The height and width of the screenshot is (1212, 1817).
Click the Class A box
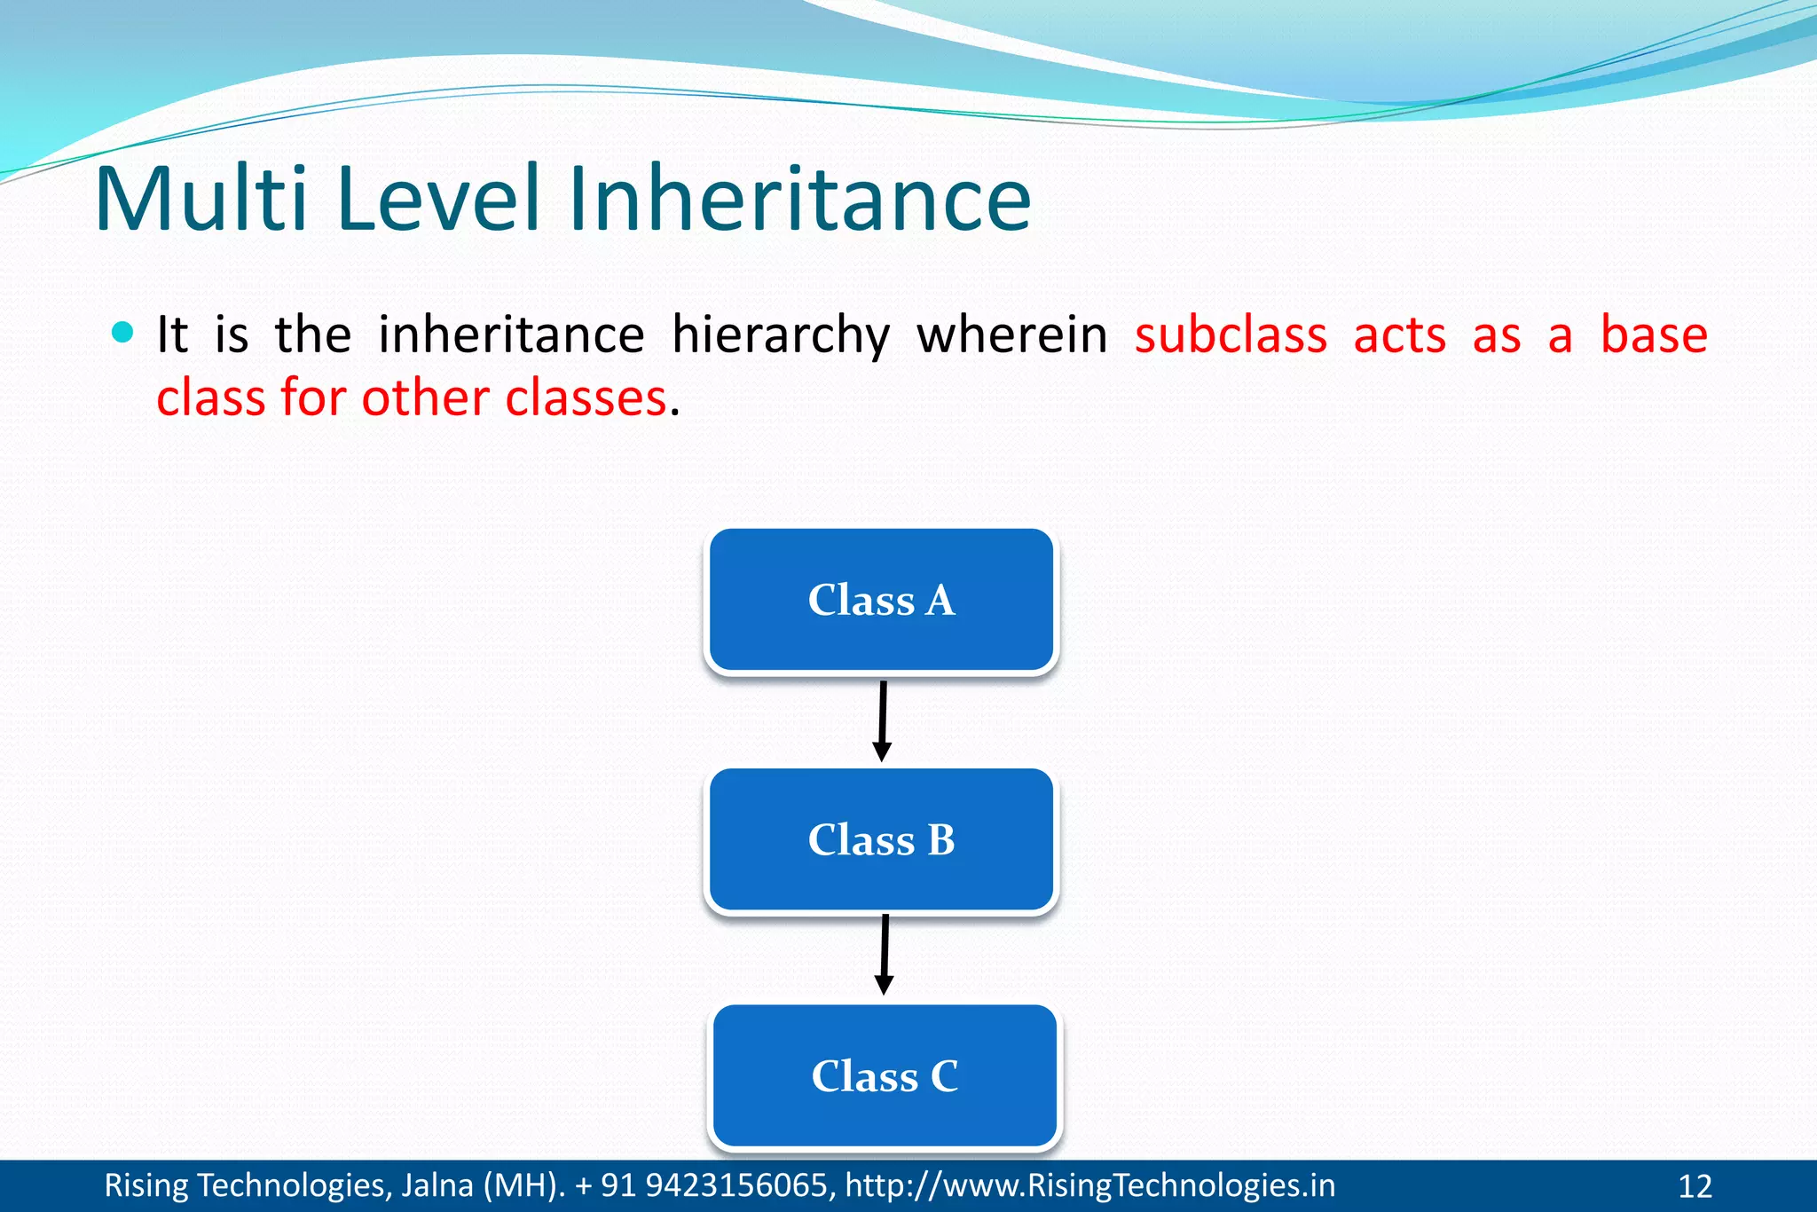pyautogui.click(x=881, y=600)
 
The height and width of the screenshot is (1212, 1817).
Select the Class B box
pyautogui.click(x=881, y=839)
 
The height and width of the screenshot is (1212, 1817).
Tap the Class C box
pyautogui.click(x=885, y=1075)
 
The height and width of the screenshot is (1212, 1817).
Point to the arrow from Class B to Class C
pyautogui.click(x=885, y=955)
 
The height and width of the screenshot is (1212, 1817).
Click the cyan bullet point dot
pyautogui.click(x=123, y=333)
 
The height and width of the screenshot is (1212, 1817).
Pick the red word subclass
pyautogui.click(x=1231, y=335)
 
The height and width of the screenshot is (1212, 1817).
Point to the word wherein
pyautogui.click(x=1011, y=335)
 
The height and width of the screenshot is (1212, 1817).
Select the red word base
pyautogui.click(x=1653, y=335)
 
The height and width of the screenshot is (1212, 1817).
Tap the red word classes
pyautogui.click(x=586, y=397)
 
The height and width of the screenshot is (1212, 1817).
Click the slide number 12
pyautogui.click(x=1695, y=1186)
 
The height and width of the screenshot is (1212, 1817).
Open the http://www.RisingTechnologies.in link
pyautogui.click(x=1089, y=1185)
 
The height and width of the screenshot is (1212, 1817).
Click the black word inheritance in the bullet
pyautogui.click(x=511, y=335)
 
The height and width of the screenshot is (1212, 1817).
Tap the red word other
pyautogui.click(x=426, y=397)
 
